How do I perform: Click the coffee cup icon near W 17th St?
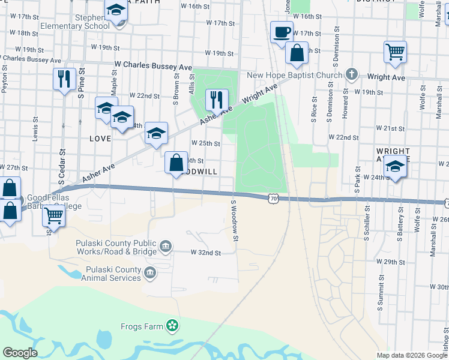pos(282,32)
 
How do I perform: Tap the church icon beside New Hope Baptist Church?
pos(352,75)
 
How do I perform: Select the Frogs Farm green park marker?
pos(173,326)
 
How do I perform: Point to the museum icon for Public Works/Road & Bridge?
pos(166,245)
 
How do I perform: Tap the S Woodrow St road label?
pos(235,222)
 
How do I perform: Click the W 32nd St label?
pos(206,253)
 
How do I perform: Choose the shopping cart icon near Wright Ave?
pos(396,52)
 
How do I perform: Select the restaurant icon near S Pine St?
pos(64,79)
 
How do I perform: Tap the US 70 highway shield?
pos(274,197)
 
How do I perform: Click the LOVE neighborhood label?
pos(100,139)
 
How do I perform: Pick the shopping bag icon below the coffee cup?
pos(297,53)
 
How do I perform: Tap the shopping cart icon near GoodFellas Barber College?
pos(54,215)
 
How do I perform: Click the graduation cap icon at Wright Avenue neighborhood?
pos(395,167)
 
